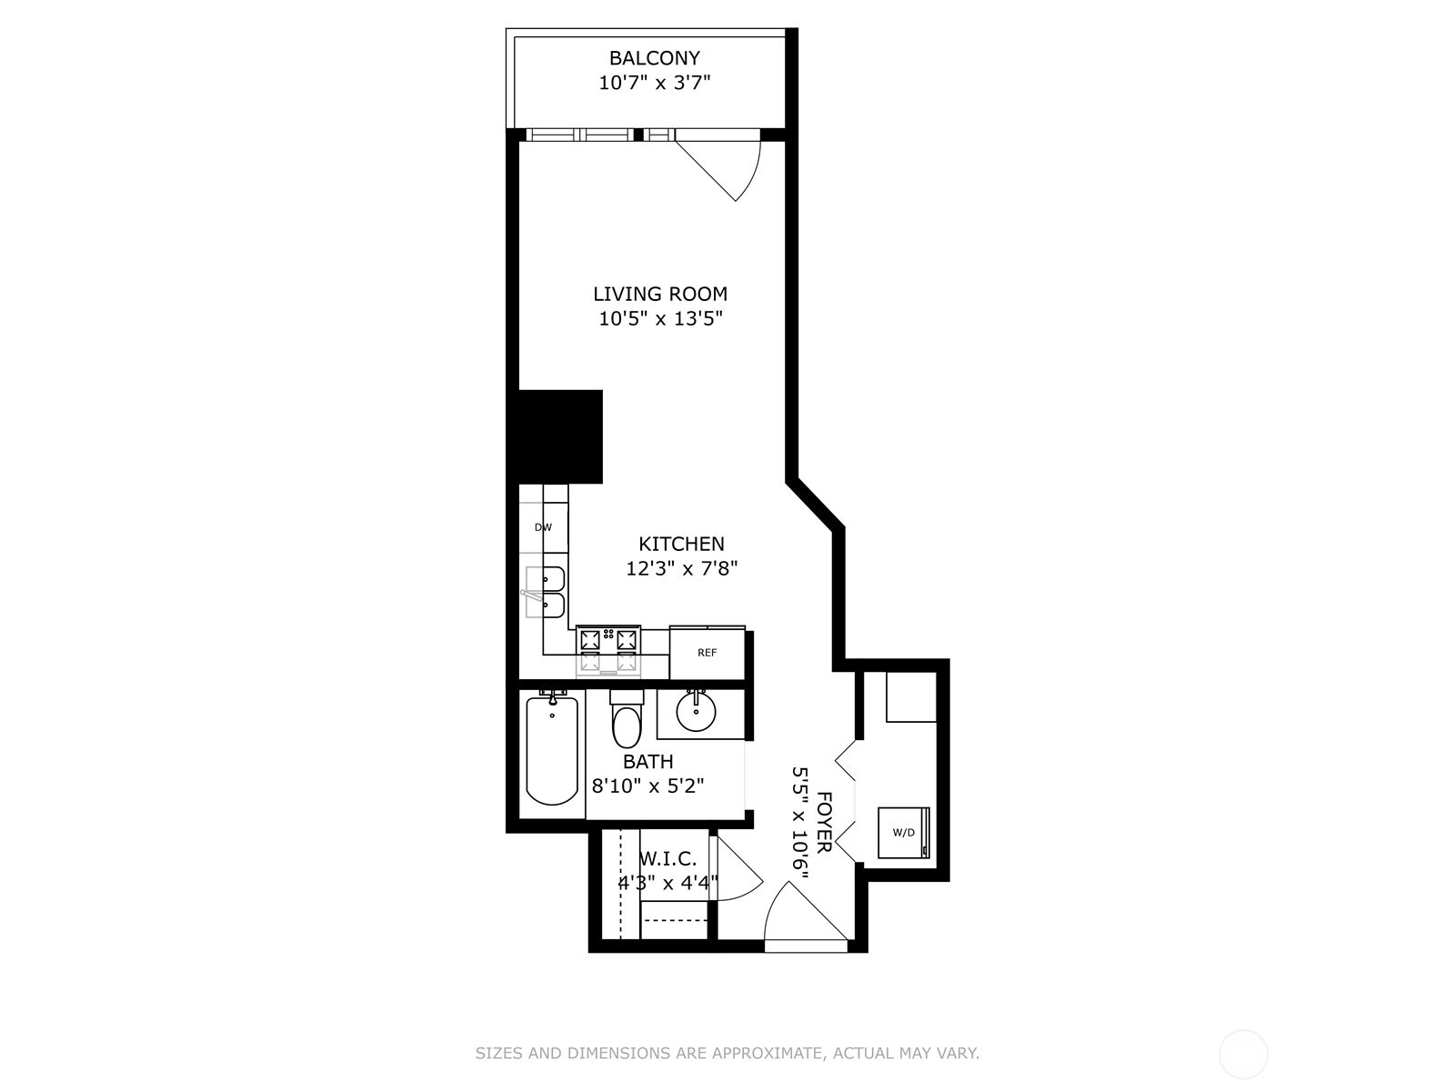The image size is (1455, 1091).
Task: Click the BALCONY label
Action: click(x=654, y=58)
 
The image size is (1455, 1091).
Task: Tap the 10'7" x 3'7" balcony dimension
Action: click(x=654, y=83)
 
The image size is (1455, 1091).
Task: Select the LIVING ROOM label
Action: click(x=659, y=294)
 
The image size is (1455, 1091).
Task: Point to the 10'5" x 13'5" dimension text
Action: click(x=659, y=318)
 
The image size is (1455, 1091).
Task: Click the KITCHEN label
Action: click(x=681, y=544)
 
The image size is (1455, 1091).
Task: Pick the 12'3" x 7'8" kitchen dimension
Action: click(x=681, y=568)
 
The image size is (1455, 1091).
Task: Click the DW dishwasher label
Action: click(x=543, y=527)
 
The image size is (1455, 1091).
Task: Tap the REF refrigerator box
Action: click(x=707, y=653)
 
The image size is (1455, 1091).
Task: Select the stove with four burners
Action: click(x=607, y=650)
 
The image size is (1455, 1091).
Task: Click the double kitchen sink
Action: click(x=546, y=592)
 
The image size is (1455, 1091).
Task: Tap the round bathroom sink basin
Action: click(x=696, y=712)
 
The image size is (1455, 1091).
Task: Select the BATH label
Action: click(x=647, y=762)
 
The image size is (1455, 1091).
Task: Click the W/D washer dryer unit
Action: click(x=904, y=833)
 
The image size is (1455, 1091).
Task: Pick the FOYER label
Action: click(x=823, y=822)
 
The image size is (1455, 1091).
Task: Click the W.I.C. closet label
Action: click(x=667, y=859)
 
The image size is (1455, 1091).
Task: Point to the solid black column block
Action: click(x=560, y=436)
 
